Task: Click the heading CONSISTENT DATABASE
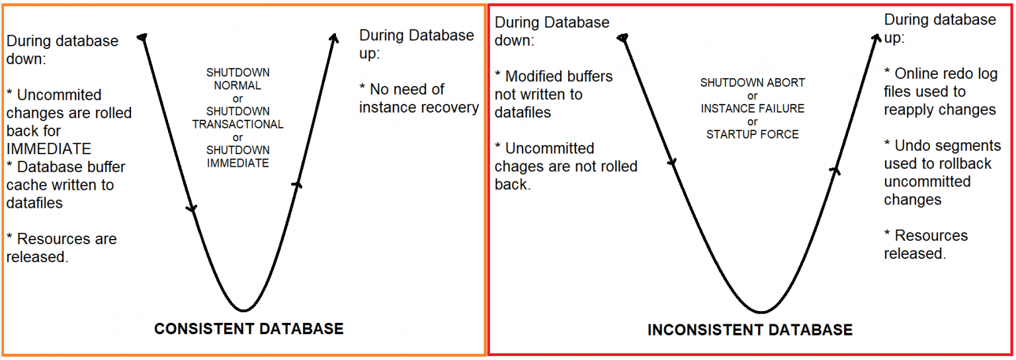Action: [249, 329]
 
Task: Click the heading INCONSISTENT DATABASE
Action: [750, 330]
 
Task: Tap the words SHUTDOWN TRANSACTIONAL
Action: [238, 118]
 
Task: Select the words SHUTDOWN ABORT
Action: [753, 83]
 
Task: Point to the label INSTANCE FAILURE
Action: [753, 109]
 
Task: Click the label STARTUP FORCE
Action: [753, 134]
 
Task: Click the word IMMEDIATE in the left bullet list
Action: [49, 149]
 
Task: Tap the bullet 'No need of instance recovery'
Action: [419, 98]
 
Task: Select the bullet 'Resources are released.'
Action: [61, 247]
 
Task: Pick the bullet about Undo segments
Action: [942, 172]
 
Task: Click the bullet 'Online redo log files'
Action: [940, 91]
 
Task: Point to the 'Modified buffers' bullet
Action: [553, 94]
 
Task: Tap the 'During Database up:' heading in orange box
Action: [417, 44]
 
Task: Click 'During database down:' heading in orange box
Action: [62, 49]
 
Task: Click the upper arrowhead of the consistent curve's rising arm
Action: [333, 37]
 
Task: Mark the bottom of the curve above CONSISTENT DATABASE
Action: [244, 310]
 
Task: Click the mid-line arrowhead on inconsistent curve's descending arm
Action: [673, 163]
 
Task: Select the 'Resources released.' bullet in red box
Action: [925, 244]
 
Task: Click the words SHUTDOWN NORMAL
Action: [238, 79]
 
